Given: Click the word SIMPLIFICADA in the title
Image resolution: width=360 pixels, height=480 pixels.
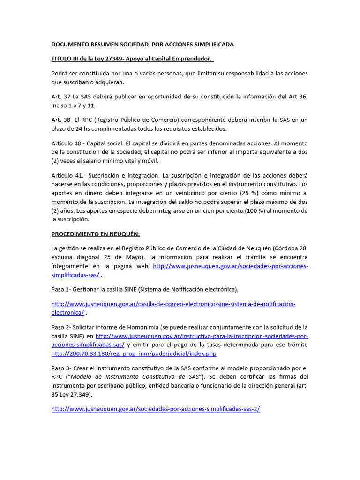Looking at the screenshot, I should (x=210, y=45).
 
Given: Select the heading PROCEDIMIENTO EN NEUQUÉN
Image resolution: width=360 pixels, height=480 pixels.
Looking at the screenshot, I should (x=96, y=233).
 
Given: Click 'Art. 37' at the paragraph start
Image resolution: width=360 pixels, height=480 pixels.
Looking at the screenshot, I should (x=60, y=97).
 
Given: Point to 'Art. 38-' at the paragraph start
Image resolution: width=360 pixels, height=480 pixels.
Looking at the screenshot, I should (x=61, y=120).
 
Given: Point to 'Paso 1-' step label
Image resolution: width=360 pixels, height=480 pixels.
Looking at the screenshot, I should (x=62, y=289).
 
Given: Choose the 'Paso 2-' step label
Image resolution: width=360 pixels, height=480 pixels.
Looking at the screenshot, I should (x=62, y=327).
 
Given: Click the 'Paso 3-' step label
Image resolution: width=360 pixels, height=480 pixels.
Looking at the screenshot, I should (x=62, y=368).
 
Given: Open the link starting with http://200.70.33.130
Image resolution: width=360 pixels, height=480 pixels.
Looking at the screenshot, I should (x=134, y=353).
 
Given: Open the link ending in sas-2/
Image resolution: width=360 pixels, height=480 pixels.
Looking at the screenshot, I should (x=156, y=409).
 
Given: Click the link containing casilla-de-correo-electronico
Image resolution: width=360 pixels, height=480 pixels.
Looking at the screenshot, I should (x=173, y=304).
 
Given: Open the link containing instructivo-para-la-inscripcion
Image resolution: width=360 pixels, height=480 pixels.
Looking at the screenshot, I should (x=202, y=336).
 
